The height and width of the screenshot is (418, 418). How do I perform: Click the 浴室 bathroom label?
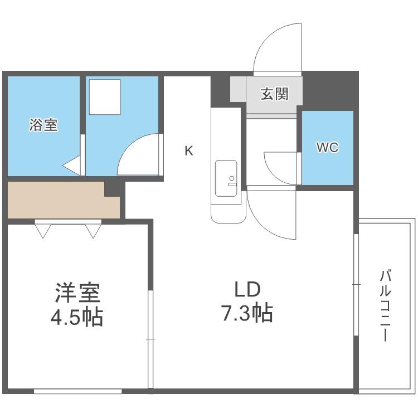[43, 125]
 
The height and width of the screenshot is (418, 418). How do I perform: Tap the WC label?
[327, 147]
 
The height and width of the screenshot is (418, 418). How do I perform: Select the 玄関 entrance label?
[274, 94]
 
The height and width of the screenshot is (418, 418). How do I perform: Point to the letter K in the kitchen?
[189, 151]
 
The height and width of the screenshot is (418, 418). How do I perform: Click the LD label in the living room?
[247, 289]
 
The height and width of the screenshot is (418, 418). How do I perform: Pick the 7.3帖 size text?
[247, 313]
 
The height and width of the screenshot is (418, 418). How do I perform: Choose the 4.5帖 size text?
[77, 317]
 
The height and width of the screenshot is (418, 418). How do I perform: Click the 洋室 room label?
[77, 293]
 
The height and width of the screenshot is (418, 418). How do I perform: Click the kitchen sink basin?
[226, 178]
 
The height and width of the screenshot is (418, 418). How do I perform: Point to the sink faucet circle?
[232, 178]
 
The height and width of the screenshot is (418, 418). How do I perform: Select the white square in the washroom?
[105, 97]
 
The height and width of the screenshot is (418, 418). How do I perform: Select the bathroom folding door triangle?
[71, 166]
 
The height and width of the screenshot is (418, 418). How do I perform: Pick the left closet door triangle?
[43, 231]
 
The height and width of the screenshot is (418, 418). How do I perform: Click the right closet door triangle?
[93, 231]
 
